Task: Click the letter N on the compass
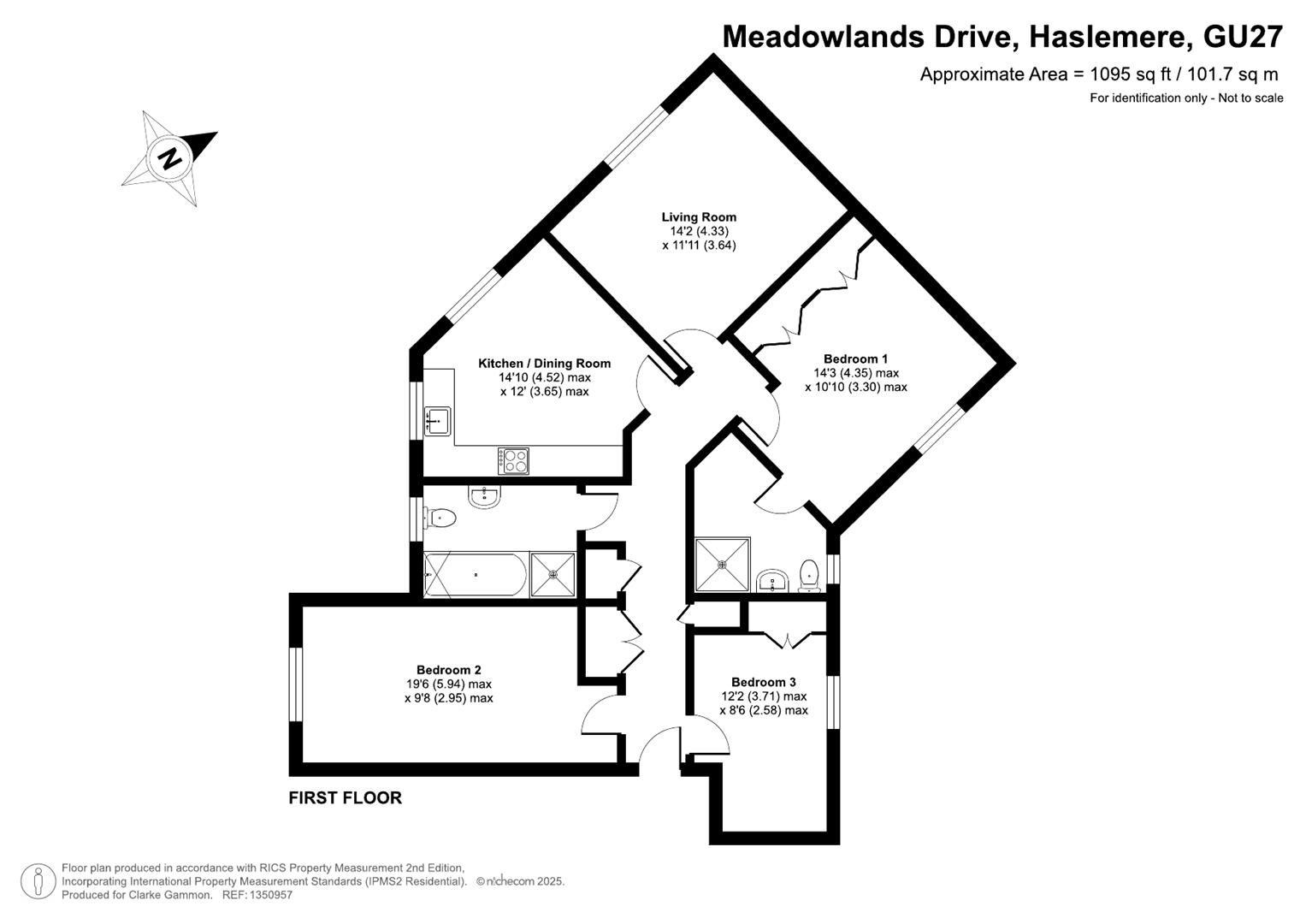click(169, 158)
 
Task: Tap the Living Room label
click(699, 217)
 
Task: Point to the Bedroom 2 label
click(448, 670)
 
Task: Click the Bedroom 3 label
click(763, 682)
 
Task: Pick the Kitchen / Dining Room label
click(544, 364)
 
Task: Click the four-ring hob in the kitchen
click(513, 461)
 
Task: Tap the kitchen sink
click(437, 421)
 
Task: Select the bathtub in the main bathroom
click(476, 575)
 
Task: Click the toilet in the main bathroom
click(440, 518)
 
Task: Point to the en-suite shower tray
click(723, 565)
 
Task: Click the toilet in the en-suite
click(809, 576)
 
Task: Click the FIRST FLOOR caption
click(346, 798)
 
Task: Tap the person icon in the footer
click(38, 881)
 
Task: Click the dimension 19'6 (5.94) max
click(449, 684)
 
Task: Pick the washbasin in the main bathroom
click(484, 497)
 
